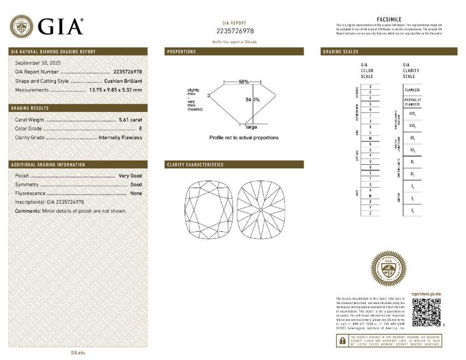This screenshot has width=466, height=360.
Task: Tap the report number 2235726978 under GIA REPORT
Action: (x=235, y=31)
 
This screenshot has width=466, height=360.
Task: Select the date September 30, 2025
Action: (x=38, y=62)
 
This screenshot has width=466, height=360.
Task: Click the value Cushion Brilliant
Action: (x=123, y=81)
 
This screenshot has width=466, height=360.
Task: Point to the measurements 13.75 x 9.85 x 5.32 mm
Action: (x=115, y=90)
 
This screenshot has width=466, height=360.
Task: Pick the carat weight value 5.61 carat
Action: (x=130, y=119)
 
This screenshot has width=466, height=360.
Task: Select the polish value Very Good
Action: (x=130, y=175)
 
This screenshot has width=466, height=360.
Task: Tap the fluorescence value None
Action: (x=136, y=193)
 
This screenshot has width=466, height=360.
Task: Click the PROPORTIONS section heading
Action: (x=182, y=52)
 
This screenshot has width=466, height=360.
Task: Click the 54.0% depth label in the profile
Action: (x=252, y=100)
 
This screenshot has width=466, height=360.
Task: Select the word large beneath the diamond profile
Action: (x=252, y=126)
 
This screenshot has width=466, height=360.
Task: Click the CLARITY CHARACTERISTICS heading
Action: (x=195, y=165)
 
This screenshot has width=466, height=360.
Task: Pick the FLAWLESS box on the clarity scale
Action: (x=412, y=90)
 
